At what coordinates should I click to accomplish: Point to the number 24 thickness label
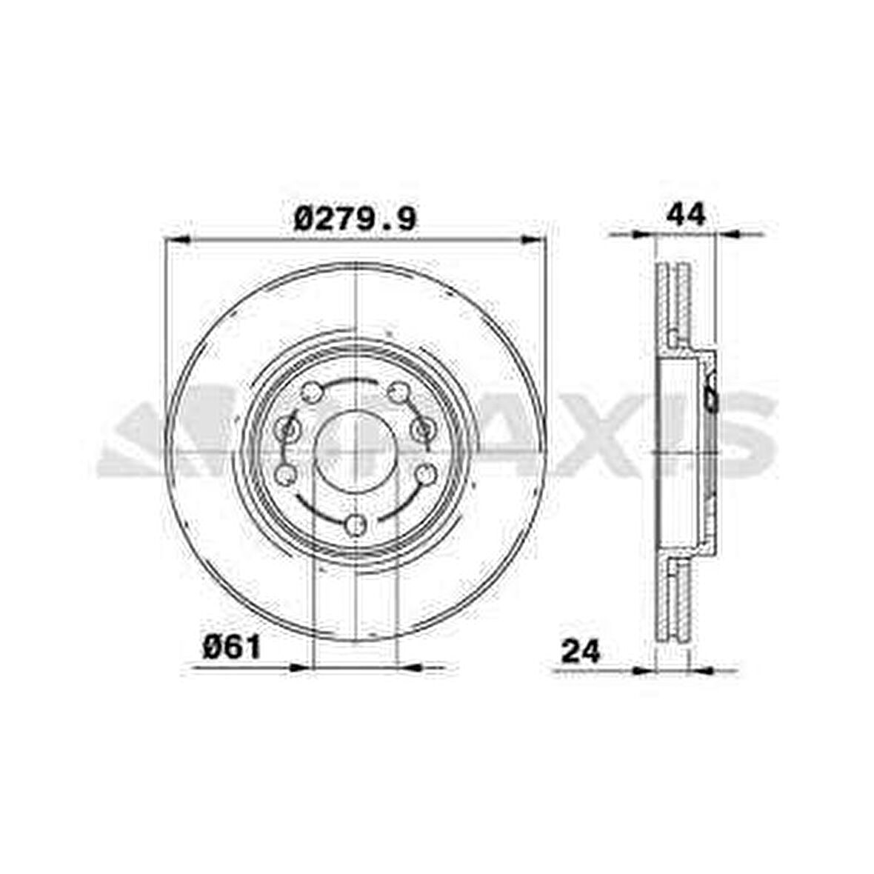click(x=581, y=652)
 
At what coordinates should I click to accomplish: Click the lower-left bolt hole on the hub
click(x=285, y=473)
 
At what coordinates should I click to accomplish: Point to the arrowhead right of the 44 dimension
click(x=730, y=234)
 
